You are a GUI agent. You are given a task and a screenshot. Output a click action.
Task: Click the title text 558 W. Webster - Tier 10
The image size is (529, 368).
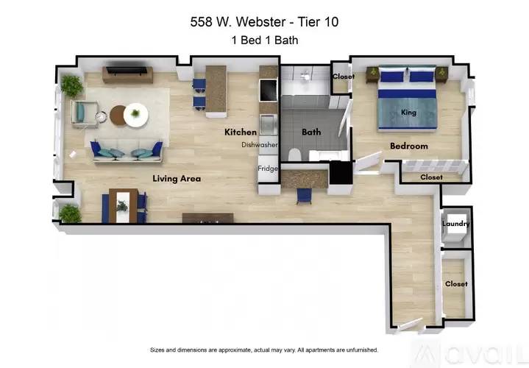[x=264, y=23]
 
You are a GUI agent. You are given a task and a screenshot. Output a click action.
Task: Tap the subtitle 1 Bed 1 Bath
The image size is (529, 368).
[x=264, y=42]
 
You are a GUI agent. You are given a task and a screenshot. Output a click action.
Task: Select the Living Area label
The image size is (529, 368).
[x=177, y=178]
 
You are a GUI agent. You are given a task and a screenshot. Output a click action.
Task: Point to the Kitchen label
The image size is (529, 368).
[x=241, y=132]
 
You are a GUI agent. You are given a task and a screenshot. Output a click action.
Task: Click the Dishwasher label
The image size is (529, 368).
[x=260, y=145]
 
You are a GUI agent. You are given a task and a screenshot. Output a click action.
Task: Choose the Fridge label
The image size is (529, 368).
[x=267, y=169]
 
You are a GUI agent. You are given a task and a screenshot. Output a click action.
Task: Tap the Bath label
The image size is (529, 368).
[x=311, y=132]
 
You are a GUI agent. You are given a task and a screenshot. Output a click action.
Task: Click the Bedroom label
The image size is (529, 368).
[x=408, y=146]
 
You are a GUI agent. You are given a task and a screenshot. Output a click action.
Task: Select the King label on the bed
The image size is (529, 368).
[x=409, y=113]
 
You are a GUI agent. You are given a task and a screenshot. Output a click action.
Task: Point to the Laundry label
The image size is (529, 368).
[x=456, y=224]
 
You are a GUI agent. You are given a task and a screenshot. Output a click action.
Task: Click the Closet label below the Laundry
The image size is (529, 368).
[x=456, y=283]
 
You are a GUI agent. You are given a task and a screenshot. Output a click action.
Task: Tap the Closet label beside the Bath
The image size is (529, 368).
[x=343, y=77]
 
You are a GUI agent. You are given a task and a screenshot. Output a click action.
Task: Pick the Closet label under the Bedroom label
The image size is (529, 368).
[x=431, y=177]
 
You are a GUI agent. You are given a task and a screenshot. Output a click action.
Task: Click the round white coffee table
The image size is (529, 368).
[x=135, y=114]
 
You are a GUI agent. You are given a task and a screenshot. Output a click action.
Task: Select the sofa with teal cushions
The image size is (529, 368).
[x=127, y=151]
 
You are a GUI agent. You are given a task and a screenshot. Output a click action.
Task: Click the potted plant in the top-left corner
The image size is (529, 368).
[x=72, y=85]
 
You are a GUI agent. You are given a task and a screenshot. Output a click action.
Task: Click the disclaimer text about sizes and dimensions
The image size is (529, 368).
[x=264, y=350]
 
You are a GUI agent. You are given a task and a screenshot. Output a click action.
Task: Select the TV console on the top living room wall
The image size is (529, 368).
[x=127, y=74]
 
